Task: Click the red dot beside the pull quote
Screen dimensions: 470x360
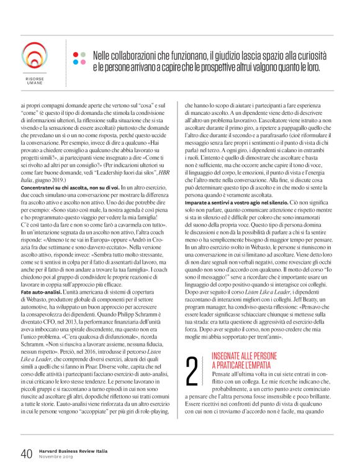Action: tap(74, 53)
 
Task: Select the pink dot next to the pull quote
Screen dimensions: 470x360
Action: tap(83, 62)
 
